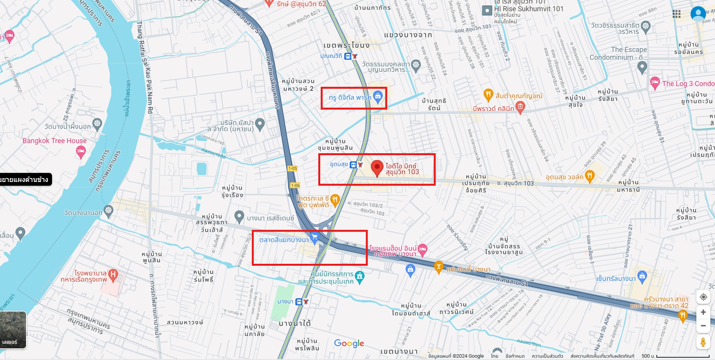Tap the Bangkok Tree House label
54,141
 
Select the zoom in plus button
703,312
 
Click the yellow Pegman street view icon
703,342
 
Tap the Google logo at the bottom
349,343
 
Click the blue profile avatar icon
698,14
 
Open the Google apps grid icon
677,14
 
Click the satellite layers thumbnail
13,329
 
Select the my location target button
703,297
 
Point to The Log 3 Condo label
688,84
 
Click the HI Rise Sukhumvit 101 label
528,9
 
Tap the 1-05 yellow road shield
292,168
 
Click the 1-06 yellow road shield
295,185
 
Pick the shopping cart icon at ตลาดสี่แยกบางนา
314,237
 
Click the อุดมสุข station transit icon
353,165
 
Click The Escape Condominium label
618,54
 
